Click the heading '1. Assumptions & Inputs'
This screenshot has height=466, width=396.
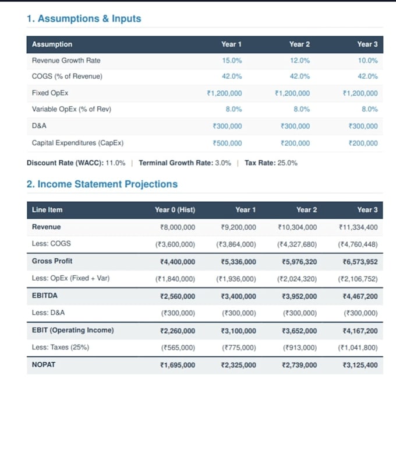(x=84, y=19)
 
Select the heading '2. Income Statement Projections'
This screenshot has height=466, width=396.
(x=102, y=184)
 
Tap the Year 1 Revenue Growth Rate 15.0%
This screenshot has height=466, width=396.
(x=232, y=61)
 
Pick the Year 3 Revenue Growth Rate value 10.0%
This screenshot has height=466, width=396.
(x=368, y=61)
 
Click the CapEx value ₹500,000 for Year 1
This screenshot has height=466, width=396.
(x=227, y=143)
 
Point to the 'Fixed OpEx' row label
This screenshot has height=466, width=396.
(x=50, y=93)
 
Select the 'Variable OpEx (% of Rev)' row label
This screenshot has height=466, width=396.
(x=72, y=110)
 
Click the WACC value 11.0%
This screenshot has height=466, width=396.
(x=115, y=163)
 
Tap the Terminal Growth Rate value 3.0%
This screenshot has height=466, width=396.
(x=223, y=163)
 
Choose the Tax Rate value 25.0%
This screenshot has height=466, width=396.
(x=287, y=163)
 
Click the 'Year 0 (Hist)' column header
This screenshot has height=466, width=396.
(x=175, y=210)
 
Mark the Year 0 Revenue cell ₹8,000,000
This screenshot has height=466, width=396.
(x=178, y=227)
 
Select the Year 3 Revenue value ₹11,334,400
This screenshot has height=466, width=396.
(x=359, y=227)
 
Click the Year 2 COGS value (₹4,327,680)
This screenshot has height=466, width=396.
(x=297, y=244)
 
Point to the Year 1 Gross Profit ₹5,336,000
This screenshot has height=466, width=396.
(x=239, y=262)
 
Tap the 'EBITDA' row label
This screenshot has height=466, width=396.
(x=45, y=296)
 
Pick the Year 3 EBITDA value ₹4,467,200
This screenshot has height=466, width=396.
(x=360, y=296)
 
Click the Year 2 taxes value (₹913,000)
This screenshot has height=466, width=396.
(x=300, y=348)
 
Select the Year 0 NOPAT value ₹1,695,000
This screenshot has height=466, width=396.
(x=178, y=365)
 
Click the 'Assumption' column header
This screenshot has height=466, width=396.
(x=52, y=44)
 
